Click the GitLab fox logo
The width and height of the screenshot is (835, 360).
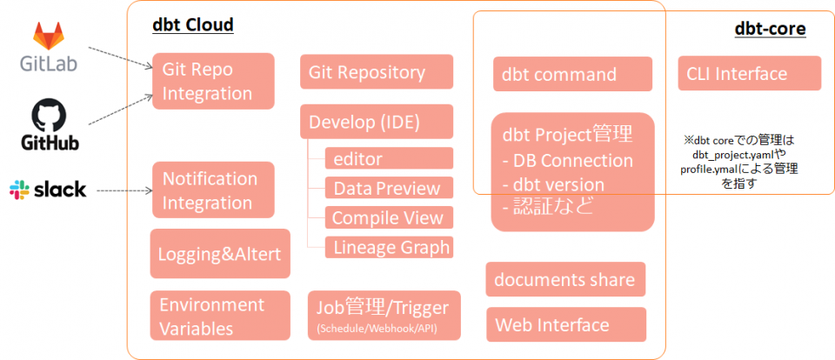tap(50, 37)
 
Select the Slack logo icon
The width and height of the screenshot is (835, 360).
tap(20, 190)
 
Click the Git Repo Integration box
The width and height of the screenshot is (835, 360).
tap(212, 81)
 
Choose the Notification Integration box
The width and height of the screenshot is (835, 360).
tap(212, 190)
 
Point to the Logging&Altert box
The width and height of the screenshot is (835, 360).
tap(219, 254)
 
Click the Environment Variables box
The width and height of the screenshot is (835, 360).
tap(219, 316)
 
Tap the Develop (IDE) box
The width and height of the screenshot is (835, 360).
tap(376, 122)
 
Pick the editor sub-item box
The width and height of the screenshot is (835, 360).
tap(388, 158)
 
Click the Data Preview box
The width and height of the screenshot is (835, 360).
tap(388, 188)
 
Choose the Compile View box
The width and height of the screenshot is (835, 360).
tap(388, 217)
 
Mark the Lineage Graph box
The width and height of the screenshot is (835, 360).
tap(388, 247)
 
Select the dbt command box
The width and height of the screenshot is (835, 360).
tap(571, 74)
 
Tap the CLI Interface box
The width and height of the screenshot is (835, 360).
tap(748, 74)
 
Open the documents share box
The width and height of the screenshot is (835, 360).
tap(565, 279)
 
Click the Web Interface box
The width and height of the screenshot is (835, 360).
tap(565, 324)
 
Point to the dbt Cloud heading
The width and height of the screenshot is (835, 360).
tap(193, 25)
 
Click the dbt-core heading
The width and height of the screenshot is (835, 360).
tap(770, 29)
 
